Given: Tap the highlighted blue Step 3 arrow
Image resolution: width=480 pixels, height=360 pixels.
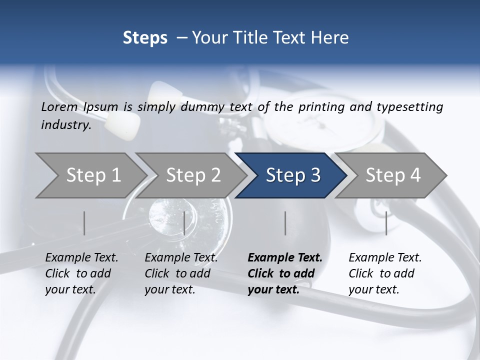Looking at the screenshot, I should tap(293, 175).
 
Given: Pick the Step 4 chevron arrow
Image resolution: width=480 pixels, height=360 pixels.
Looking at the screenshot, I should tap(393, 175).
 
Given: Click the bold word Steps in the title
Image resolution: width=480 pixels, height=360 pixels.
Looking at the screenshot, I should tap(145, 37).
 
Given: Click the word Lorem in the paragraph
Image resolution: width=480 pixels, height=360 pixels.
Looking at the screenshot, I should tap(59, 106).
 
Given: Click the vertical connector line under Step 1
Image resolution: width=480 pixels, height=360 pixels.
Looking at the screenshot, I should tap(84, 223).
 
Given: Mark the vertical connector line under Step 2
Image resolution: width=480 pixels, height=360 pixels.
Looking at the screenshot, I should tap(184, 223).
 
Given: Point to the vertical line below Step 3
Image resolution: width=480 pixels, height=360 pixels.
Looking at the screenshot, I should tap(285, 223).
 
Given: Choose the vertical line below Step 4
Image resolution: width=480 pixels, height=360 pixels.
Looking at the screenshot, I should tap(386, 223).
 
